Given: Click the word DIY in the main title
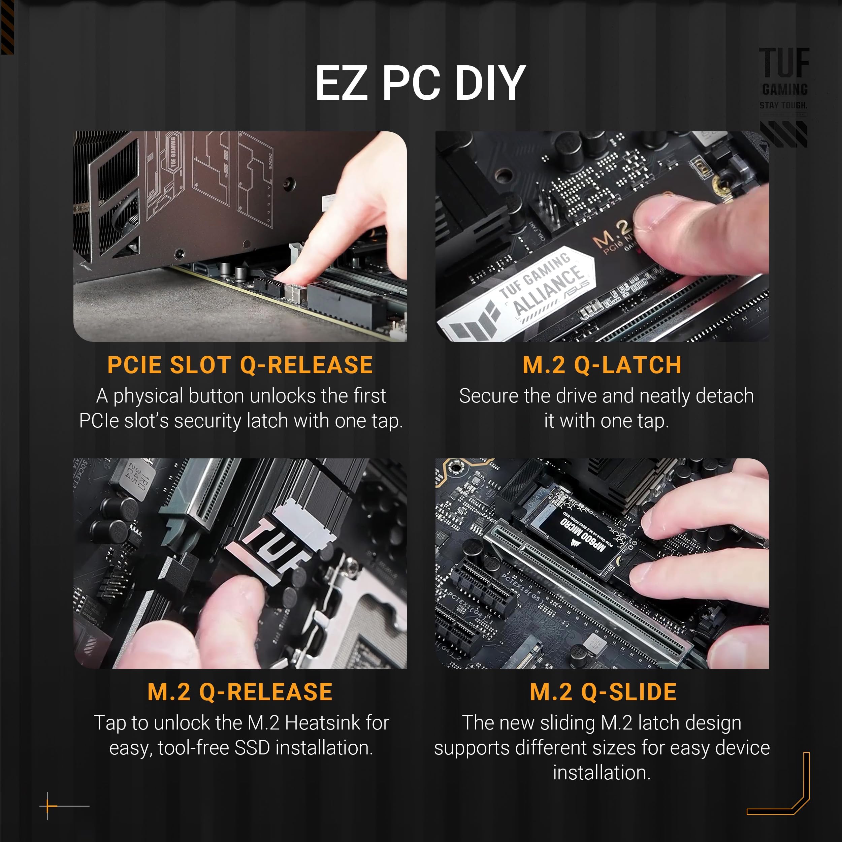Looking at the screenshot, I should pyautogui.click(x=489, y=83).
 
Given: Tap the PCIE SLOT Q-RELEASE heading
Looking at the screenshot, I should pyautogui.click(x=240, y=365).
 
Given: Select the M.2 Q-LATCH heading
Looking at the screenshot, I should pyautogui.click(x=602, y=365).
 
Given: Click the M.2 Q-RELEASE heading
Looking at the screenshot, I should pyautogui.click(x=240, y=692).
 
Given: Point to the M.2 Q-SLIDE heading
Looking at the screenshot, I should pyautogui.click(x=603, y=692).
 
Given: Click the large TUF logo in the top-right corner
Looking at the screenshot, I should pyautogui.click(x=784, y=63).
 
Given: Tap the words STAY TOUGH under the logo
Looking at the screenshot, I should pyautogui.click(x=783, y=105).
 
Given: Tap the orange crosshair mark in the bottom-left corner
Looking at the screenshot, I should pyautogui.click(x=47, y=806).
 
